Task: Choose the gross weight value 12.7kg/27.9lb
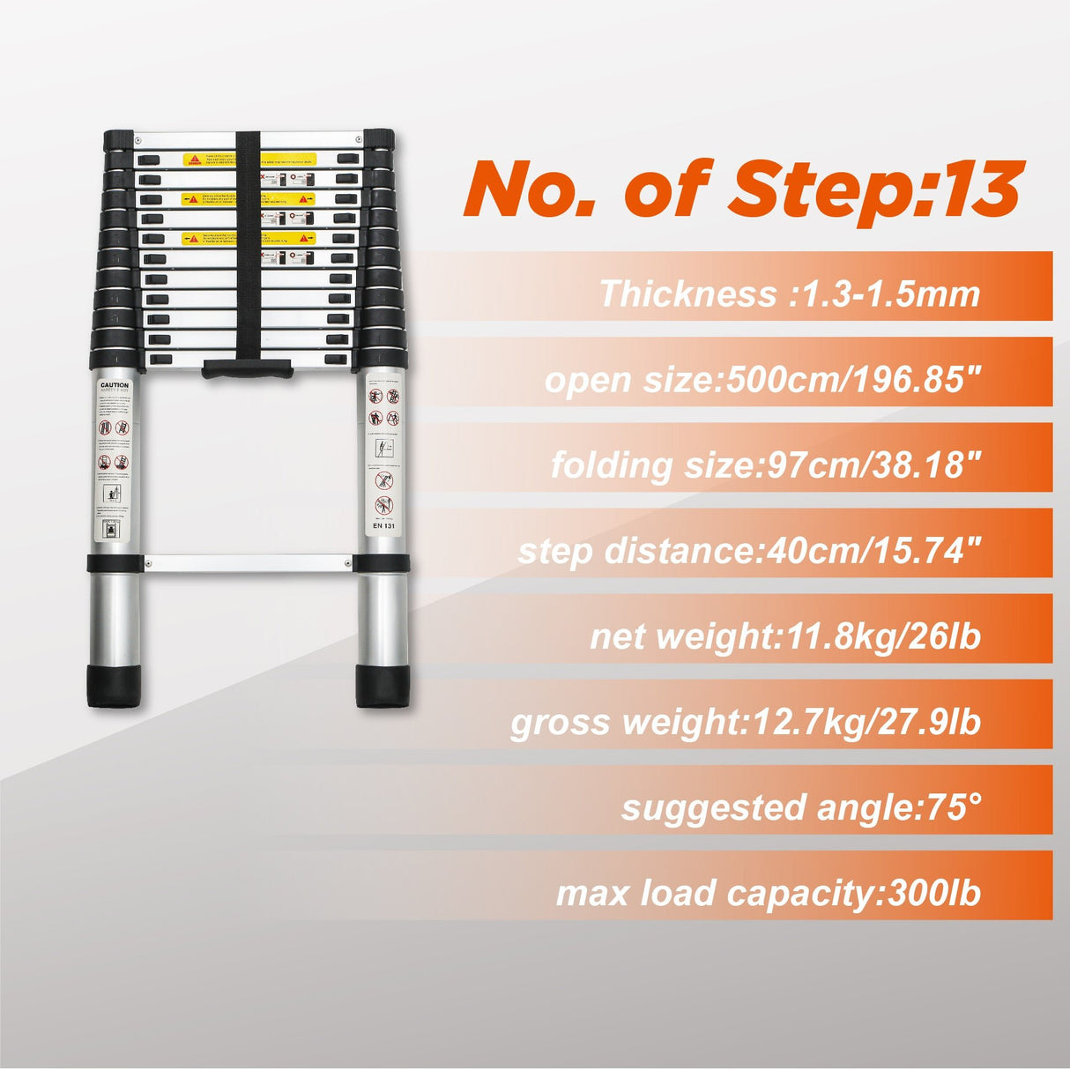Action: tap(867, 722)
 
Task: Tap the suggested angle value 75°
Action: tap(952, 807)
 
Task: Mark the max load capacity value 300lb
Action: tap(935, 893)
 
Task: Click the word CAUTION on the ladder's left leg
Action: tap(114, 385)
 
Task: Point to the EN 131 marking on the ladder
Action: tap(384, 526)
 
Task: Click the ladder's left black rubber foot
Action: tap(113, 686)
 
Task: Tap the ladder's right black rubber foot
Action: tap(383, 686)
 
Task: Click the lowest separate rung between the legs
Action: tap(249, 562)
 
